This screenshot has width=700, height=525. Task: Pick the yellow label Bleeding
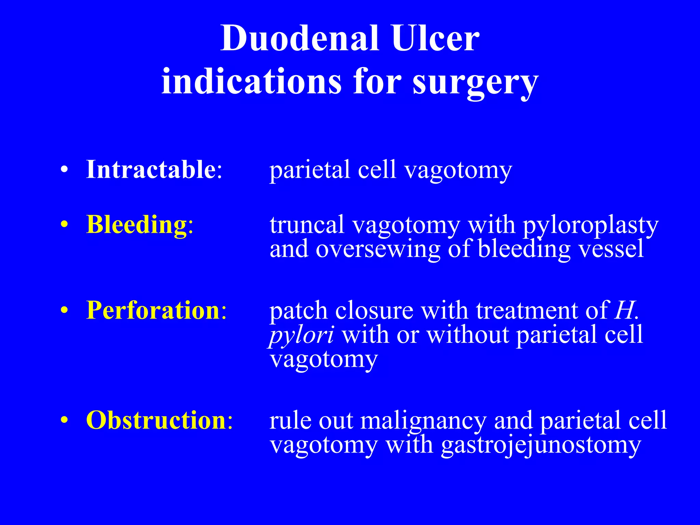(x=136, y=225)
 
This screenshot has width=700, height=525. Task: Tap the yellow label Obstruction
(x=156, y=420)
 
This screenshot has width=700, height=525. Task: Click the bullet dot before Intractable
(x=64, y=170)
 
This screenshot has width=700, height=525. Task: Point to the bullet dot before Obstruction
(x=64, y=421)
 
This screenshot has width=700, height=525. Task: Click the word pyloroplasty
(x=590, y=226)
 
